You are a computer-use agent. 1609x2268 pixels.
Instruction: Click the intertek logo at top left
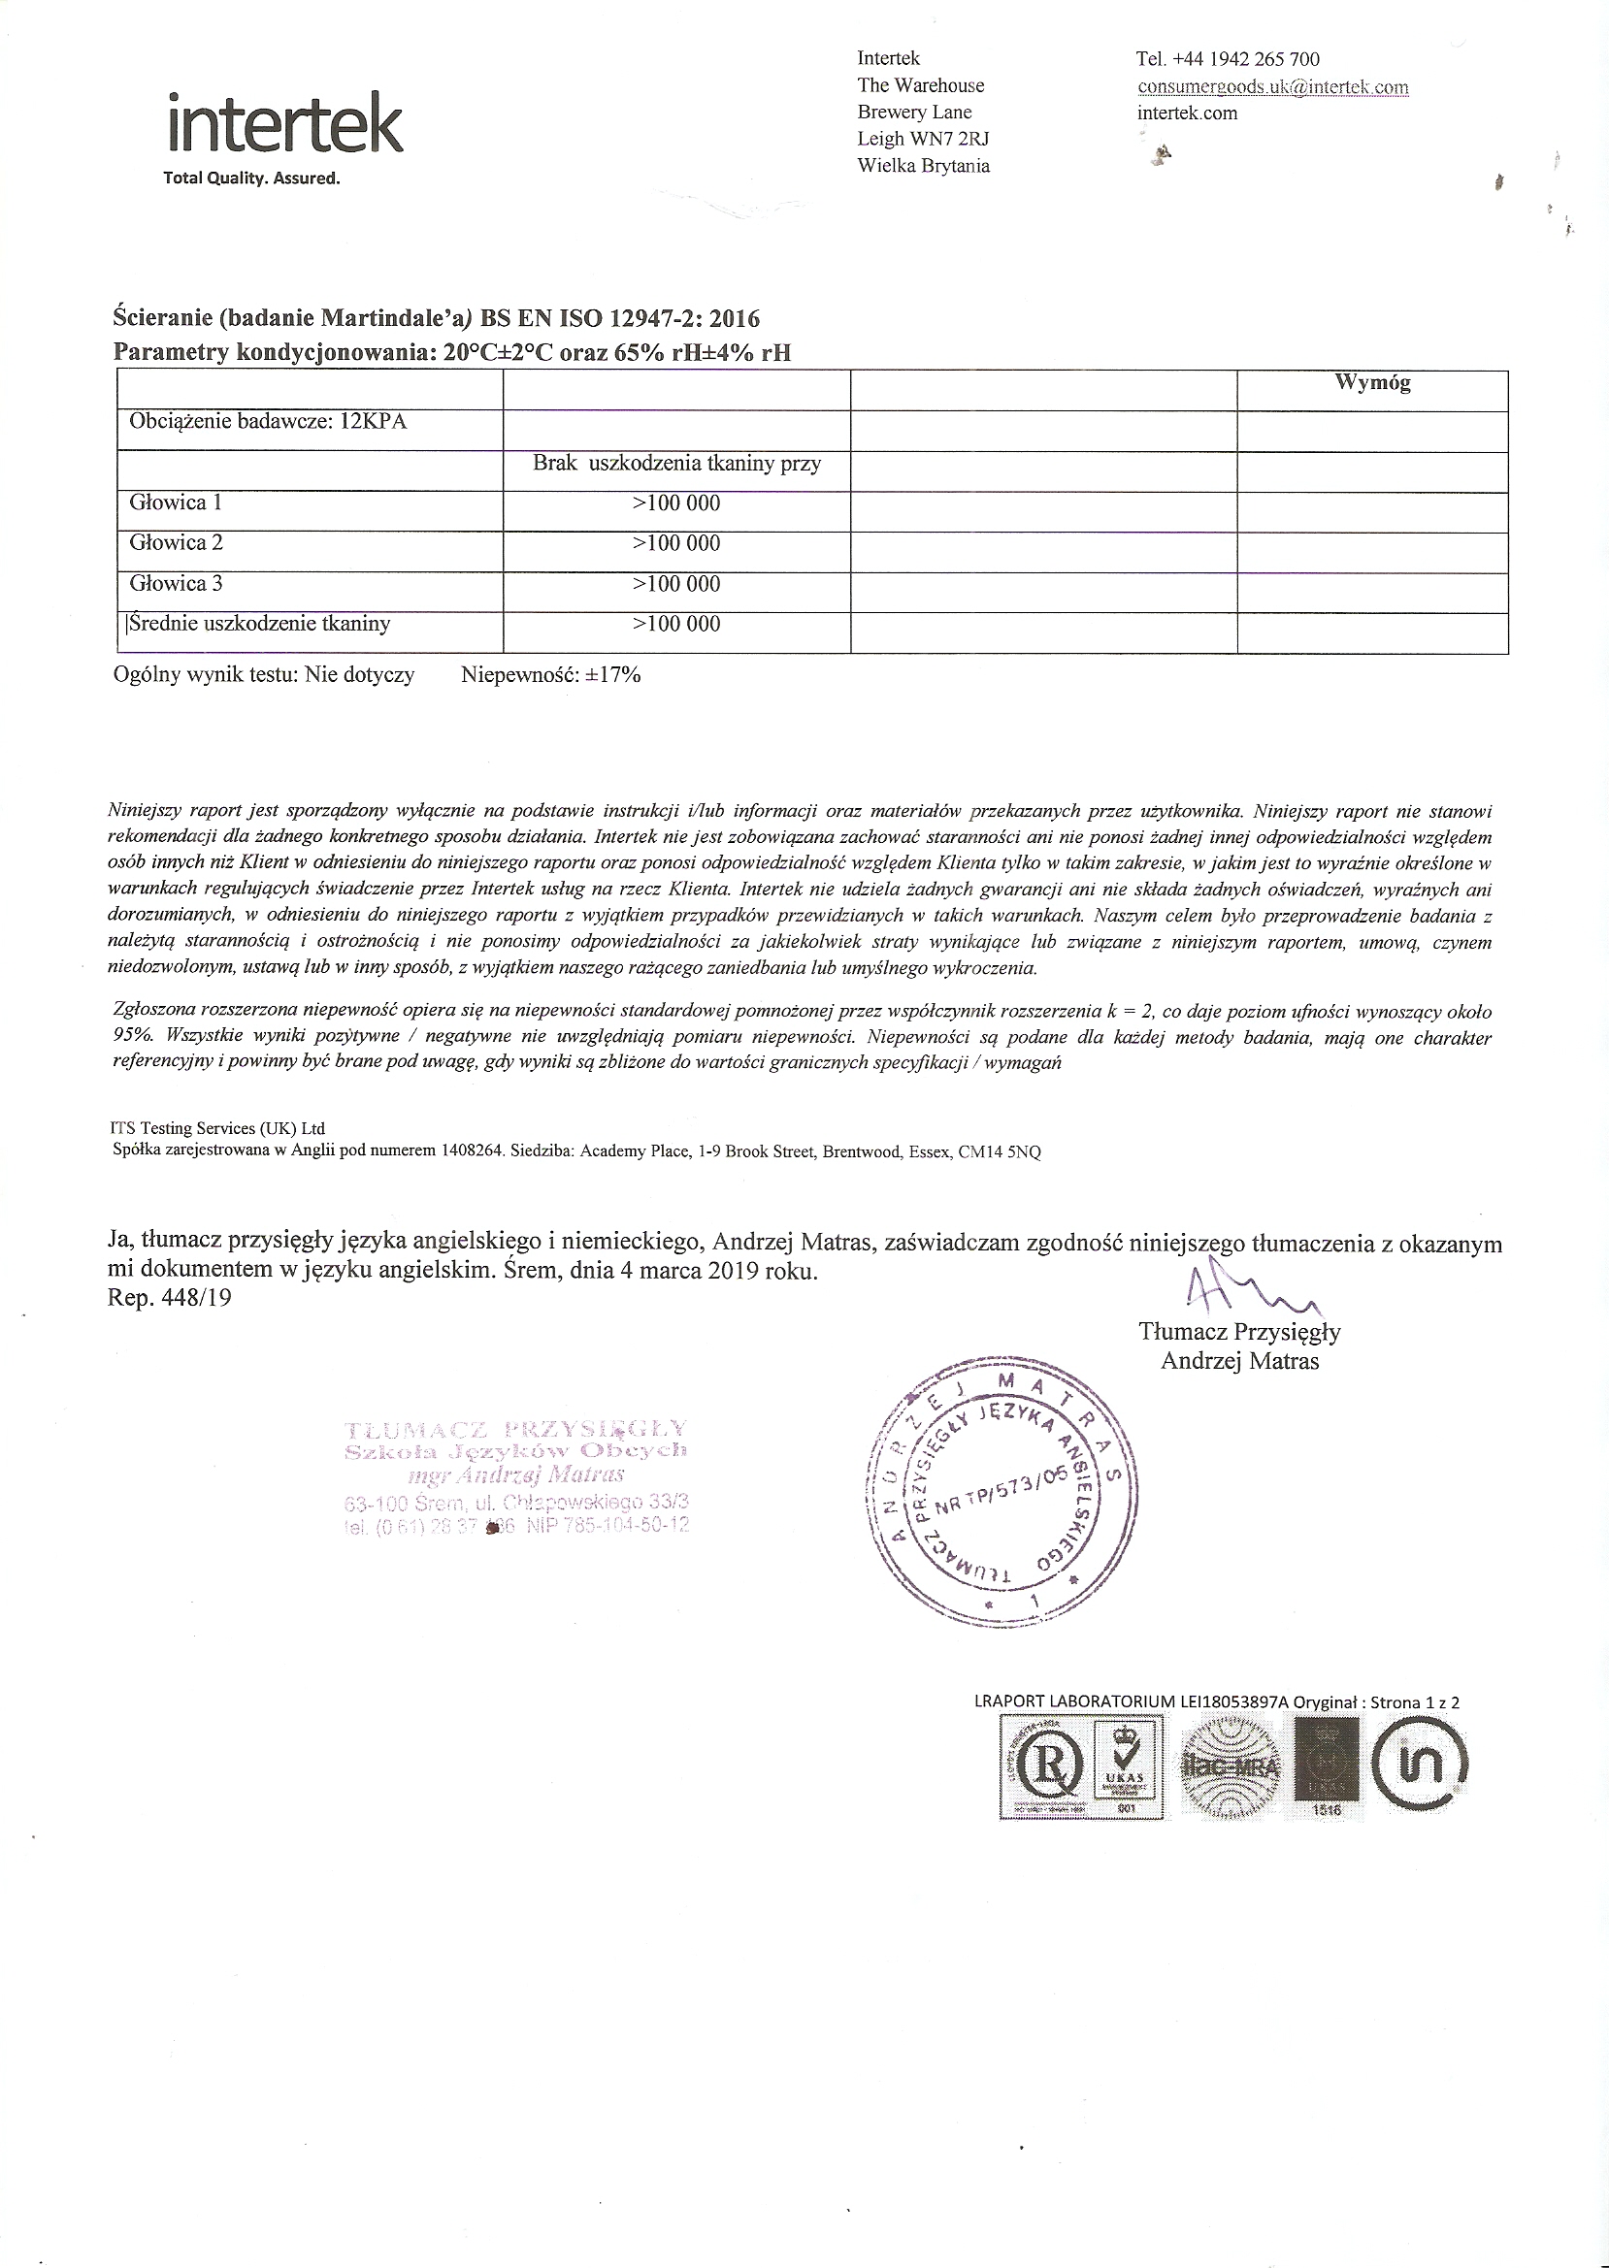(285, 126)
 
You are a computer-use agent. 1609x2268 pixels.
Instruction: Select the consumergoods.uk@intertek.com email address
(1272, 86)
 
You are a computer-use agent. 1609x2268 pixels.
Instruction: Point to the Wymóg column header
(1372, 382)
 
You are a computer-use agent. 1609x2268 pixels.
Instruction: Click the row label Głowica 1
(177, 502)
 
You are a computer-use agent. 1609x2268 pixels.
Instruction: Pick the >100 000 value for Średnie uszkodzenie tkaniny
(675, 625)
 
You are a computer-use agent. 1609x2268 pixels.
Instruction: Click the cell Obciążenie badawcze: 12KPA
(268, 422)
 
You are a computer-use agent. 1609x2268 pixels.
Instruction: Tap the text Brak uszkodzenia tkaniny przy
(676, 463)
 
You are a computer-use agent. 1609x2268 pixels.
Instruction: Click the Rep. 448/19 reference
(170, 1297)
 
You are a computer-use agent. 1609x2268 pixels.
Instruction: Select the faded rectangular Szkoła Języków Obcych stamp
(515, 1476)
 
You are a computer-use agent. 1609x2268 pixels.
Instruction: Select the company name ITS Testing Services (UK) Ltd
(216, 1128)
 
